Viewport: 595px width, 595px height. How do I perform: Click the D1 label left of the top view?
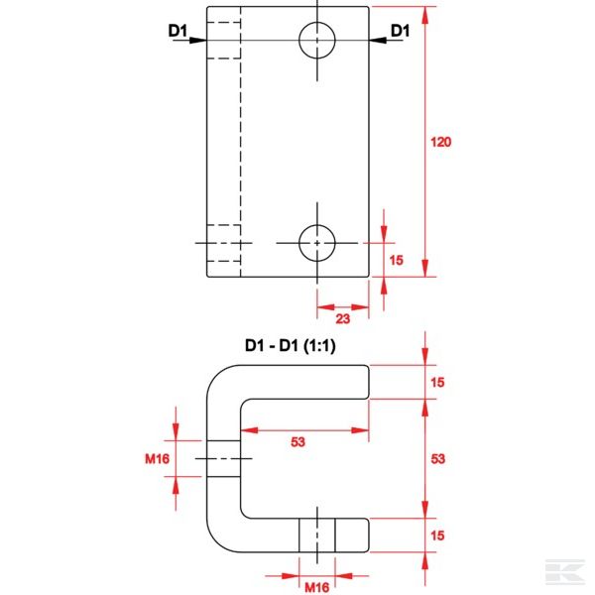point(178,31)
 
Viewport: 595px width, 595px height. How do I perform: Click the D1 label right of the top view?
point(400,31)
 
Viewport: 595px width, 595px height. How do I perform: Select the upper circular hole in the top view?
point(317,40)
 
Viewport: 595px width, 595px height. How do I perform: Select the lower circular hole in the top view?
point(317,241)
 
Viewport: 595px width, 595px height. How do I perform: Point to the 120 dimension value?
point(441,142)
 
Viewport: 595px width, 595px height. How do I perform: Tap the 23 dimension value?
point(342,319)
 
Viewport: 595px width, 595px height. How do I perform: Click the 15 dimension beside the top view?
point(397,260)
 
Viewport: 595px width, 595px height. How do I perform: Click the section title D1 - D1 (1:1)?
point(295,346)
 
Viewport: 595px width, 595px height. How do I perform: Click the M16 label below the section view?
point(316,587)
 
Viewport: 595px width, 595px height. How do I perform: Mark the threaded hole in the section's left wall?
point(224,458)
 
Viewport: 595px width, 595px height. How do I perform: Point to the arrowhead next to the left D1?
point(197,40)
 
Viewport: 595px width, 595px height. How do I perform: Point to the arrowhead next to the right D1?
point(379,40)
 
